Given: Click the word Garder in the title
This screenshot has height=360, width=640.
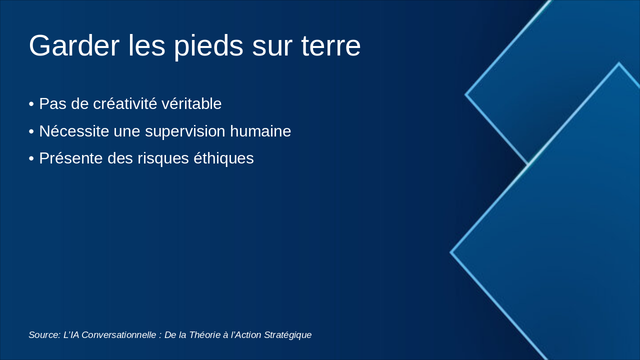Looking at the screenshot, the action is pyautogui.click(x=74, y=45).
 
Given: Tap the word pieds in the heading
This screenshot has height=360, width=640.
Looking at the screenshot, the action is pyautogui.click(x=209, y=46).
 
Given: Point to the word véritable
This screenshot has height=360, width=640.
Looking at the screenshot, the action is pyautogui.click(x=191, y=103).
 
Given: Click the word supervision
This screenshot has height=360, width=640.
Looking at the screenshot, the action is pyautogui.click(x=185, y=132).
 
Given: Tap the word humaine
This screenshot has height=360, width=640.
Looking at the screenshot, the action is pyautogui.click(x=260, y=131).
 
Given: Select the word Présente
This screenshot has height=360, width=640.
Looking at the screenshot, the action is pyautogui.click(x=71, y=158).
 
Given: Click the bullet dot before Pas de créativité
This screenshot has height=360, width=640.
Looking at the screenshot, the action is pyautogui.click(x=31, y=104).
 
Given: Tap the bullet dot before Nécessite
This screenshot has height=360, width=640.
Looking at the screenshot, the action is pyautogui.click(x=31, y=131).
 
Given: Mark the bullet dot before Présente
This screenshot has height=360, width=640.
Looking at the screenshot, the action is pyautogui.click(x=31, y=159).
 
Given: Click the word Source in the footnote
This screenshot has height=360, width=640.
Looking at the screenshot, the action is pyautogui.click(x=44, y=335).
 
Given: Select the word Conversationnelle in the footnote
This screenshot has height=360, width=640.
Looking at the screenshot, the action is pyautogui.click(x=119, y=335).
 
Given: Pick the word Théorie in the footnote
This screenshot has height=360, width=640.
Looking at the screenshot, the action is pyautogui.click(x=204, y=335).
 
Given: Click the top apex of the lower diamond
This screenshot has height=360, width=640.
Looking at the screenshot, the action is pyautogui.click(x=619, y=63).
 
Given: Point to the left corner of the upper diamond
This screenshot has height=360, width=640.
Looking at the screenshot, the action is pyautogui.click(x=465, y=94).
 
